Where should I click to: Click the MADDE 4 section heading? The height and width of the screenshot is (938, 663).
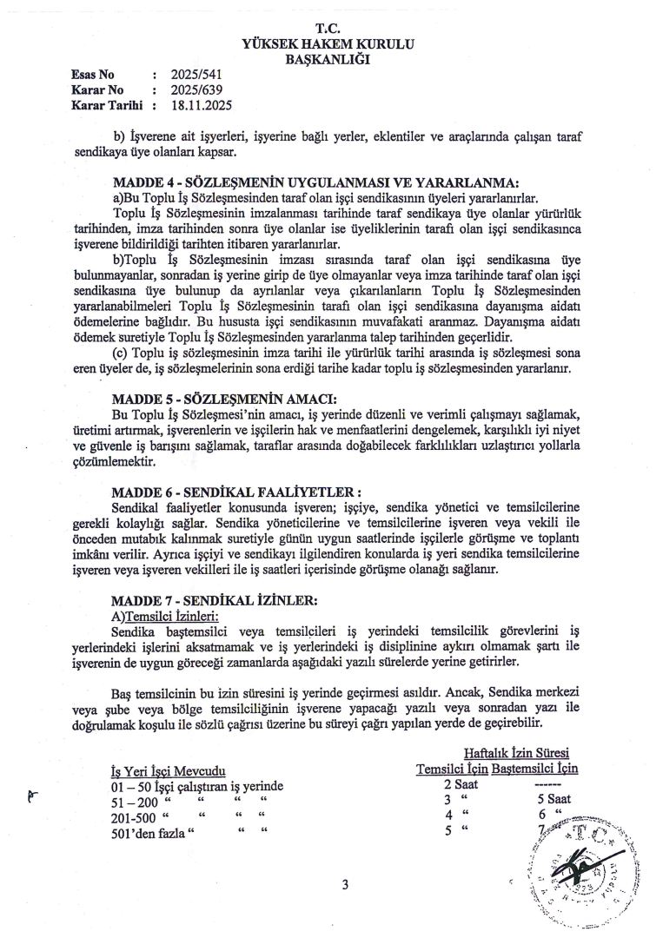point(315,182)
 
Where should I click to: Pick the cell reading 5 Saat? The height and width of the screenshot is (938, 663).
point(554,800)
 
